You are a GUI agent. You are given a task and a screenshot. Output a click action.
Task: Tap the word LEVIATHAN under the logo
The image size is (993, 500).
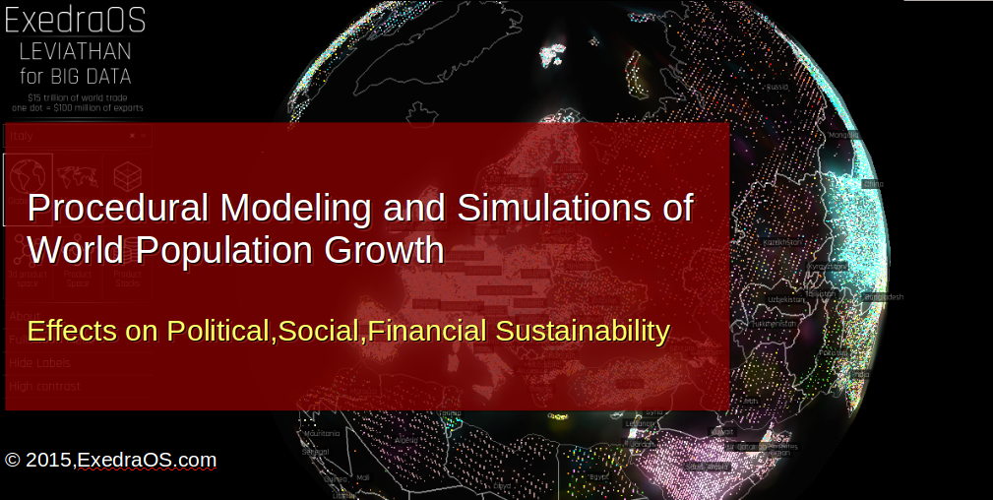(x=75, y=51)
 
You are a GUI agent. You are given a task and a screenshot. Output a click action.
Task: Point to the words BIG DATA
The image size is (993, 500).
(x=94, y=76)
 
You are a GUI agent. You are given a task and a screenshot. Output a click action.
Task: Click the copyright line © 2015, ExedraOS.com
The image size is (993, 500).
(x=110, y=460)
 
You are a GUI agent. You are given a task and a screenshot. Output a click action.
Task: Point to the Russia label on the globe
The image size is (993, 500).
(x=777, y=87)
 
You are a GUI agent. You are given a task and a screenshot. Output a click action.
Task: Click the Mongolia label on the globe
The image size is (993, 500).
(x=843, y=135)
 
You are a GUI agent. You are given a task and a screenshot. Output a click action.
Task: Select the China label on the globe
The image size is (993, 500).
(x=872, y=184)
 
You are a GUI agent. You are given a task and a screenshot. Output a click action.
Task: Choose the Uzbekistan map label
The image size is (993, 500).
(x=771, y=298)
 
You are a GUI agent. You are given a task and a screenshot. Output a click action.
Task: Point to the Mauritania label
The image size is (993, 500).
(x=323, y=433)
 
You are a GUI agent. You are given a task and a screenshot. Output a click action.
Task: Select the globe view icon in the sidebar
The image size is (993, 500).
(x=28, y=177)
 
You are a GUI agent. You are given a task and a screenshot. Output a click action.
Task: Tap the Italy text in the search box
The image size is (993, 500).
(x=22, y=136)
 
